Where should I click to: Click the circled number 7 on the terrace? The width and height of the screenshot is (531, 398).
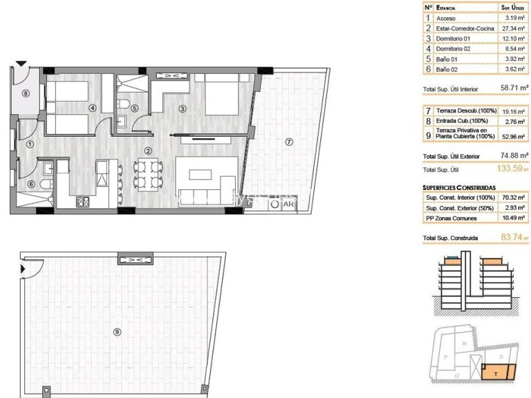tap(288, 142)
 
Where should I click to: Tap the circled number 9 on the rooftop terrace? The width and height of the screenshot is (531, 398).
tap(117, 332)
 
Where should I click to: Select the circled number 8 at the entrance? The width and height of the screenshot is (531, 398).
tap(26, 93)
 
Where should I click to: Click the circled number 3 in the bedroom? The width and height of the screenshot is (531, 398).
tap(183, 108)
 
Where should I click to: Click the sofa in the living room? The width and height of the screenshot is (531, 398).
tap(202, 196)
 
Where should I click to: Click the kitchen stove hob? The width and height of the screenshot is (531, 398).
tap(83, 202)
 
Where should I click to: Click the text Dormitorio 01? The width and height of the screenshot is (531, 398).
tap(455, 39)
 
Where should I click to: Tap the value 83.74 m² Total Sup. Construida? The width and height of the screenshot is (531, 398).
tap(512, 239)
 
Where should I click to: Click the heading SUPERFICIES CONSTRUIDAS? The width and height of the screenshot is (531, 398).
tap(458, 187)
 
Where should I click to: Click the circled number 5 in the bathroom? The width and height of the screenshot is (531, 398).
tap(135, 108)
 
